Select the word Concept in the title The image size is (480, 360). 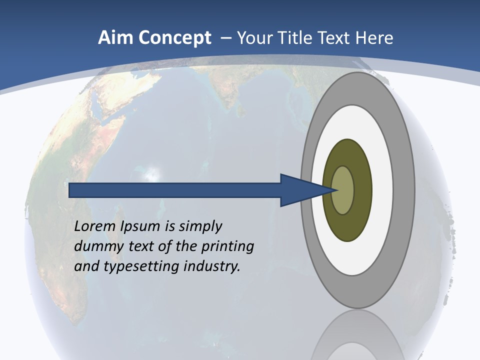pyautogui.click(x=174, y=38)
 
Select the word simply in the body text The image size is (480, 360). pyautogui.click(x=200, y=226)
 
